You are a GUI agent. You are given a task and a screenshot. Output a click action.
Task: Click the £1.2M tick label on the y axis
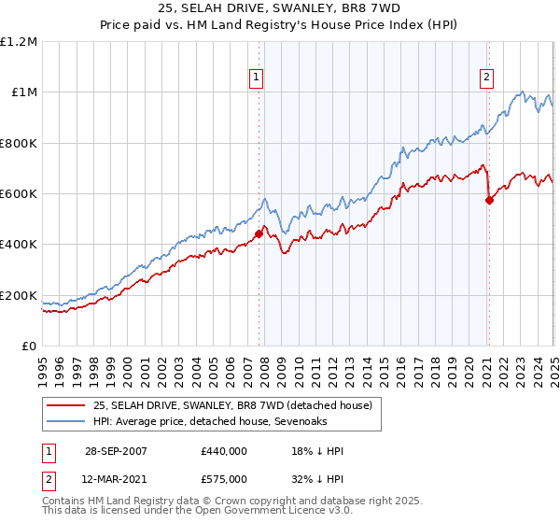click(x=19, y=41)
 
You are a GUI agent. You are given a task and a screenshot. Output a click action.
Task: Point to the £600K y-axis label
click(x=19, y=194)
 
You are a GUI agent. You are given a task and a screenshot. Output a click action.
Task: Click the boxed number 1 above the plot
click(x=255, y=78)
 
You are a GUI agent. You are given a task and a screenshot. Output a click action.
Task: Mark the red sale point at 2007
click(x=259, y=233)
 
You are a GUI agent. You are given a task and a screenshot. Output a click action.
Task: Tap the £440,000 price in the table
click(x=223, y=451)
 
